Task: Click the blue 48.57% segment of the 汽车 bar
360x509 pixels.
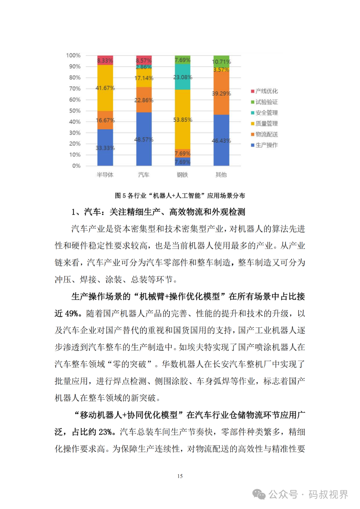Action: [144, 139]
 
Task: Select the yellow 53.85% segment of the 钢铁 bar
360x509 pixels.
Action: [182, 119]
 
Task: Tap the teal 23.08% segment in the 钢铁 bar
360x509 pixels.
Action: [182, 77]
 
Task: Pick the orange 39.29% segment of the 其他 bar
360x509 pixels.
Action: [221, 93]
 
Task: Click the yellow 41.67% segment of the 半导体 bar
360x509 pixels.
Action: [105, 88]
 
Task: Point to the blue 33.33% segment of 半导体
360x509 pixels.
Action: [105, 147]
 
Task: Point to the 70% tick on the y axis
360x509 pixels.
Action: [75, 89]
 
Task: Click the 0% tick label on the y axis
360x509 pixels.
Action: [76, 166]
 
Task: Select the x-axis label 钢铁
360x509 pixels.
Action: [182, 175]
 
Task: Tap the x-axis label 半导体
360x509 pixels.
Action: [105, 175]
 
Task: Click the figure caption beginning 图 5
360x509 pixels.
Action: [180, 196]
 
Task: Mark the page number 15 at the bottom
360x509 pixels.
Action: [180, 476]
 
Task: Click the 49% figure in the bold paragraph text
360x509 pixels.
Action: [71, 314]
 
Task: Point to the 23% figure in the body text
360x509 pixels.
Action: [105, 432]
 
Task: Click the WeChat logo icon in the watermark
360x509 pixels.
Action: [259, 494]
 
